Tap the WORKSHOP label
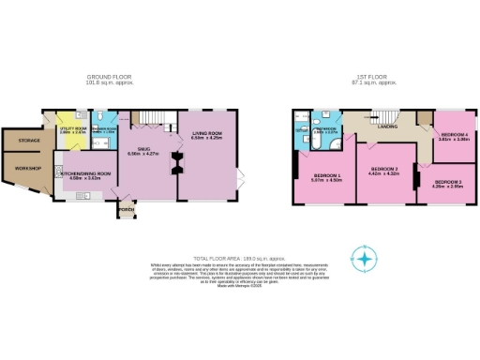22,170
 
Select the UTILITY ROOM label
72,130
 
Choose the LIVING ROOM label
205,134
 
